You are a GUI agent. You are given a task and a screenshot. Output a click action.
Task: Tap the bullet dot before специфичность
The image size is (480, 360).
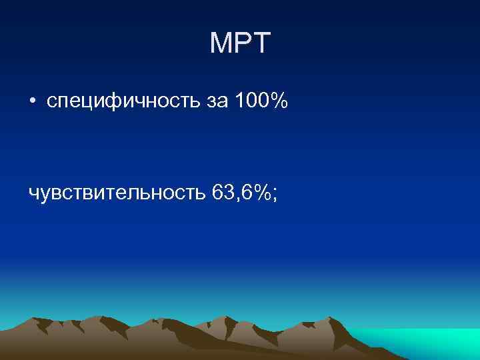pos(32,103)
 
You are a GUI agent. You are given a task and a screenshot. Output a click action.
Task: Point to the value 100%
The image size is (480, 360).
pos(261,101)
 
